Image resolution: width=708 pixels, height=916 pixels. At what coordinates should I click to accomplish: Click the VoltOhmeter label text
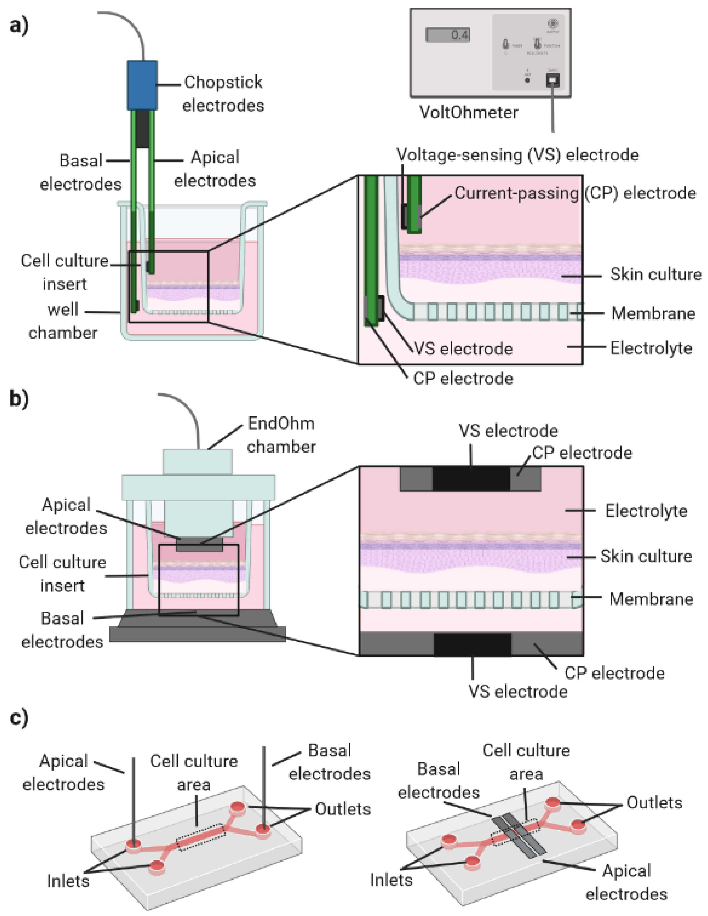pos(469,112)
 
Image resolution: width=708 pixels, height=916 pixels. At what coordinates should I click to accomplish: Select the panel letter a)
pos(19,26)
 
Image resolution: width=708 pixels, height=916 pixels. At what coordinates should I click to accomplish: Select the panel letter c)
pos(19,718)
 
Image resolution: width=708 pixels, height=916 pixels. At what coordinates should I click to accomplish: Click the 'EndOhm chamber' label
pos(281,435)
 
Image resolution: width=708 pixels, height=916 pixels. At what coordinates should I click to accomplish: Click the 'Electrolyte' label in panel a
pos(651,348)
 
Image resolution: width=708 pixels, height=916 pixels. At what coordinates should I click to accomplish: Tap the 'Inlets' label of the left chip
pos(68,881)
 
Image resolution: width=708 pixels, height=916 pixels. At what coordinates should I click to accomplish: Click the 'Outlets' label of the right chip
pos(654,802)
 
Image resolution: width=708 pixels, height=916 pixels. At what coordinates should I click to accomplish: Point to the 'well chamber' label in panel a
pos(63,321)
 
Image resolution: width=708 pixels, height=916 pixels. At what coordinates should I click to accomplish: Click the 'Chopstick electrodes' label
pos(223,94)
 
